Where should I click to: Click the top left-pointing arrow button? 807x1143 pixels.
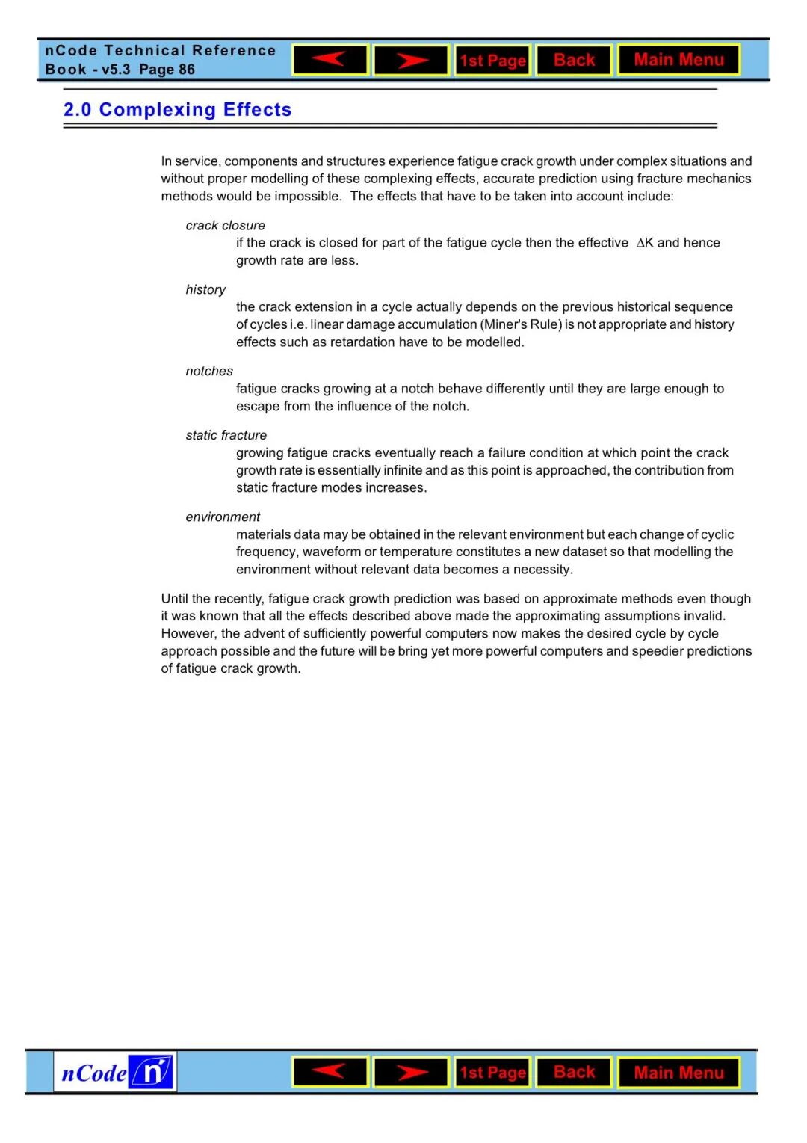click(x=330, y=60)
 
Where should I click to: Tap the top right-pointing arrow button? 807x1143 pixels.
click(x=411, y=60)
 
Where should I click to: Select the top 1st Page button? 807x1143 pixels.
click(x=492, y=61)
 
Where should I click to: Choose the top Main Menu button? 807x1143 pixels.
click(x=678, y=60)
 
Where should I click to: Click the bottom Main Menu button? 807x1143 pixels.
click(x=678, y=1073)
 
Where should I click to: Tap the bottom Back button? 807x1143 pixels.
click(x=574, y=1073)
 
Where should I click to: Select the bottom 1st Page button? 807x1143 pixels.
click(x=492, y=1073)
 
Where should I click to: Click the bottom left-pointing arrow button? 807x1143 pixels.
click(x=330, y=1072)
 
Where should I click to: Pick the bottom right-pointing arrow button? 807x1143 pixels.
click(x=411, y=1073)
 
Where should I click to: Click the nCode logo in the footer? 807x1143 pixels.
click(x=115, y=1072)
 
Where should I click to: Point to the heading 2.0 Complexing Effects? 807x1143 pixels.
click(x=177, y=110)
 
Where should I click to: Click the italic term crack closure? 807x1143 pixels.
click(x=225, y=226)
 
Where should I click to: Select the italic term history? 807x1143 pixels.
click(x=205, y=290)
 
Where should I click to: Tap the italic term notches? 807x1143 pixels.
click(x=209, y=372)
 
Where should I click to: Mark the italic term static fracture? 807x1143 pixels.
click(x=226, y=435)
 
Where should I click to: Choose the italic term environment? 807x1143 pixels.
click(x=223, y=517)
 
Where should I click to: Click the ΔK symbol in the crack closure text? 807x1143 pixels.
click(x=644, y=243)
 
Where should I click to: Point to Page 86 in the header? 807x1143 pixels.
click(x=167, y=70)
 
